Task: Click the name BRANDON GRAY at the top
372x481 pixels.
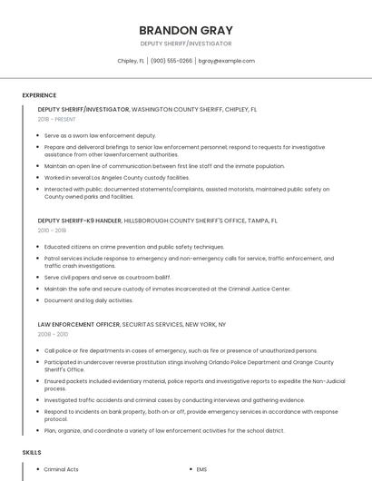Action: pyautogui.click(x=186, y=29)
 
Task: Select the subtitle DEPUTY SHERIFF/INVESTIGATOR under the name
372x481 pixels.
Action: pyautogui.click(x=186, y=44)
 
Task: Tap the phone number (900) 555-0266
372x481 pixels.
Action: pyautogui.click(x=171, y=61)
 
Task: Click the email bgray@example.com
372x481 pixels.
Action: pyautogui.click(x=227, y=61)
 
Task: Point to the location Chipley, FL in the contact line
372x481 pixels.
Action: pyautogui.click(x=131, y=61)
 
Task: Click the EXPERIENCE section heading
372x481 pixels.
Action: pyautogui.click(x=39, y=95)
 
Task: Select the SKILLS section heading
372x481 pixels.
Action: pyautogui.click(x=32, y=451)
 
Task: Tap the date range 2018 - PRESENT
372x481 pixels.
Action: pyautogui.click(x=56, y=119)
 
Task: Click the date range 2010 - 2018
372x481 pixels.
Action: pyautogui.click(x=52, y=231)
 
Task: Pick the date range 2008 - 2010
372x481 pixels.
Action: pyautogui.click(x=52, y=334)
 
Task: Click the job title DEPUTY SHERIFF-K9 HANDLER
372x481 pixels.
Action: pyautogui.click(x=80, y=221)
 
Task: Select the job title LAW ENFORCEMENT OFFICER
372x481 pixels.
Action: pyautogui.click(x=77, y=324)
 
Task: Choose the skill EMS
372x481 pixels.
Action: pyautogui.click(x=201, y=469)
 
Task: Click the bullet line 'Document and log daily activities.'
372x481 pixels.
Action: pyautogui.click(x=89, y=300)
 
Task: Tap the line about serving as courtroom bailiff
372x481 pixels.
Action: pyautogui.click(x=94, y=277)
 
